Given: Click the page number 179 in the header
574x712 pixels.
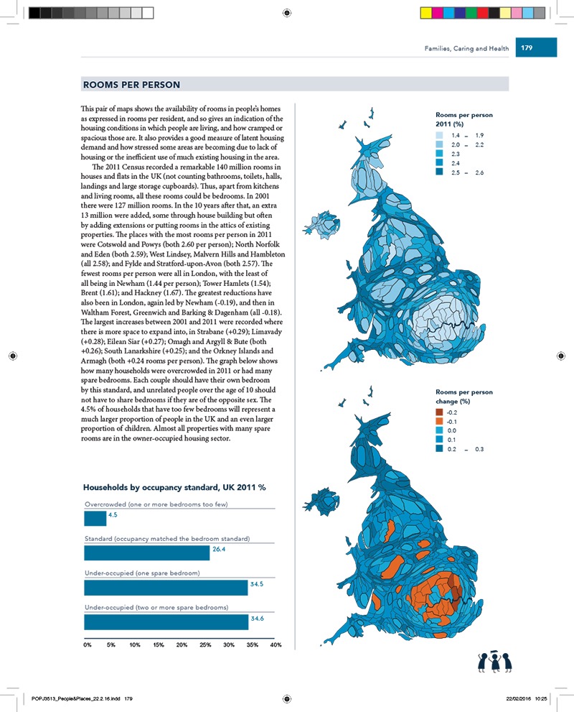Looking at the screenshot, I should (x=527, y=49).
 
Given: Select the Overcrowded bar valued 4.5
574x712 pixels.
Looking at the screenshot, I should (x=95, y=518).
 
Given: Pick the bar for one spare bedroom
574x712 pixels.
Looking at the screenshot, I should (x=166, y=587).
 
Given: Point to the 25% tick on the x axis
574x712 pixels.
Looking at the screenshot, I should (x=204, y=644).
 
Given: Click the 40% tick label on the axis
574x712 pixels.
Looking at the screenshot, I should (x=276, y=644).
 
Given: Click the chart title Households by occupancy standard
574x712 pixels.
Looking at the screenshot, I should (x=175, y=487).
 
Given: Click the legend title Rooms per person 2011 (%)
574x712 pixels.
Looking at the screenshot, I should (x=464, y=119).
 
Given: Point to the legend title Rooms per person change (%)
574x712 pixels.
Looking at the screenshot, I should (x=464, y=396).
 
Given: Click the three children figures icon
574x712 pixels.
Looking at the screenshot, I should (x=494, y=662).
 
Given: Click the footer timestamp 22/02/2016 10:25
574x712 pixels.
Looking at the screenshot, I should (x=527, y=698).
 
